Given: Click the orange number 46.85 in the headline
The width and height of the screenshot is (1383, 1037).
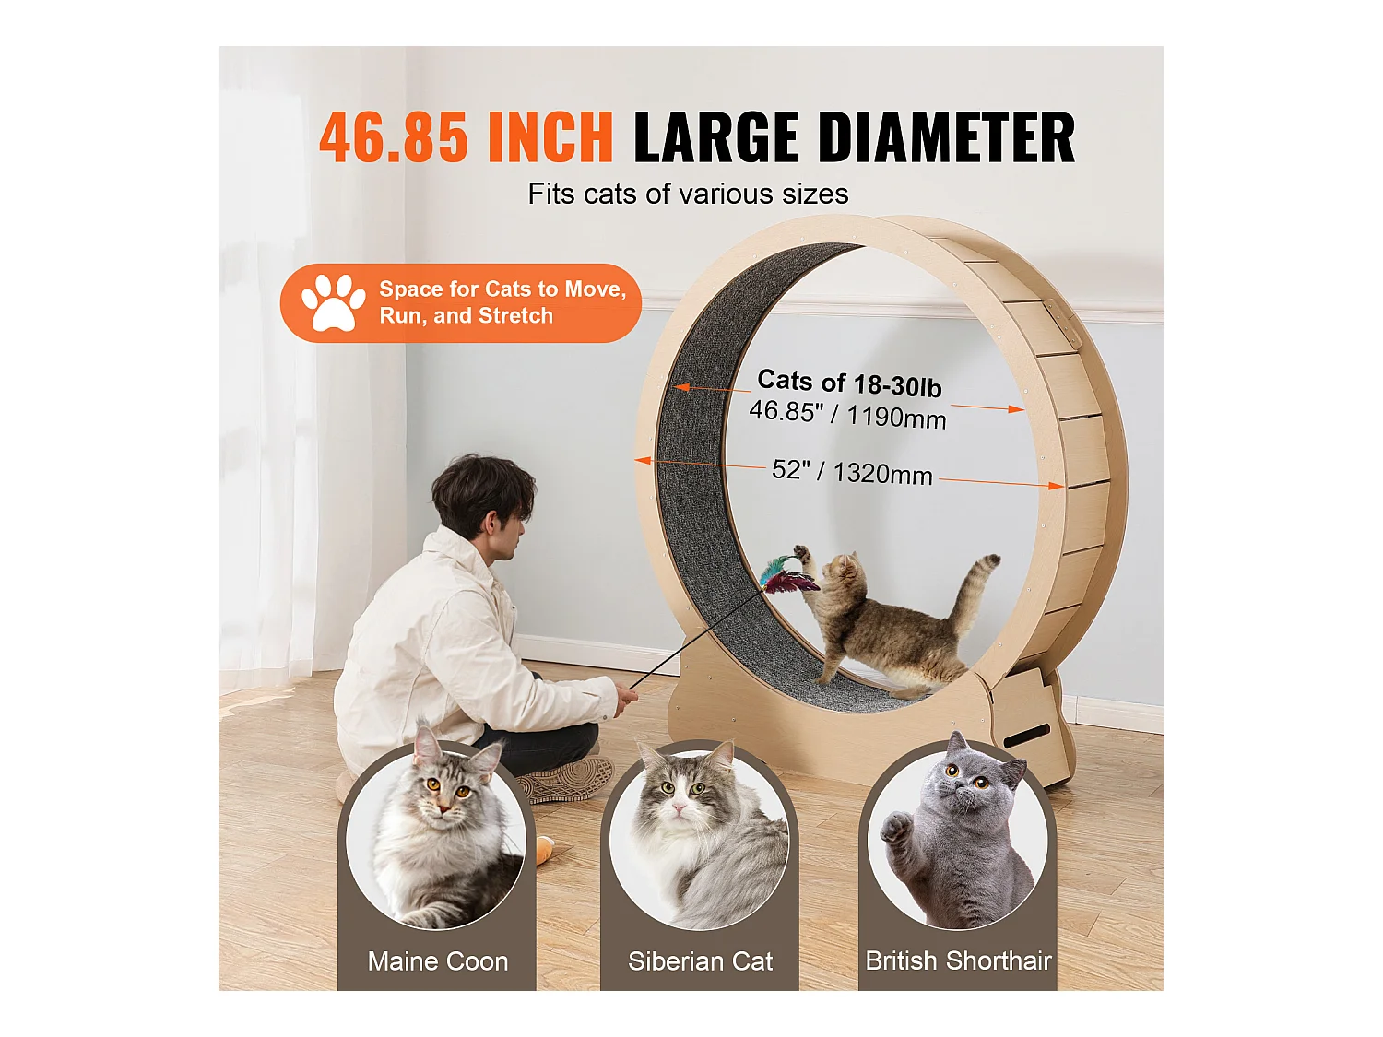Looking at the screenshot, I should (x=393, y=138).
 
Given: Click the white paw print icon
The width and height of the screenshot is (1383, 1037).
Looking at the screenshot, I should (x=332, y=302).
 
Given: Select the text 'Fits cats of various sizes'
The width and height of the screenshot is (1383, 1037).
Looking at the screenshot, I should (x=688, y=194).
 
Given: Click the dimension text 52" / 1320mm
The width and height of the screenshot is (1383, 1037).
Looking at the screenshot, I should (x=852, y=473).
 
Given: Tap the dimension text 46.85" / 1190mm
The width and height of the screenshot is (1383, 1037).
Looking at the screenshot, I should (x=847, y=414).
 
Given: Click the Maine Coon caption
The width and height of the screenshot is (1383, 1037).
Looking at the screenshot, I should (x=437, y=961).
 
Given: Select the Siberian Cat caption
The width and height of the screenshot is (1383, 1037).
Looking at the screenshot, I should (x=700, y=961).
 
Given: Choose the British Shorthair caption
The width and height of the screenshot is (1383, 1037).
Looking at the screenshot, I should (x=958, y=960).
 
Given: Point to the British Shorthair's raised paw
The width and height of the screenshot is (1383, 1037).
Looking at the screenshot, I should (x=895, y=828).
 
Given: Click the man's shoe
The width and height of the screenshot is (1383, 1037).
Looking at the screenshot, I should (x=562, y=782).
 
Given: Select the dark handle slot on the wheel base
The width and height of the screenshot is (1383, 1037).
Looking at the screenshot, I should (x=1026, y=736).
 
